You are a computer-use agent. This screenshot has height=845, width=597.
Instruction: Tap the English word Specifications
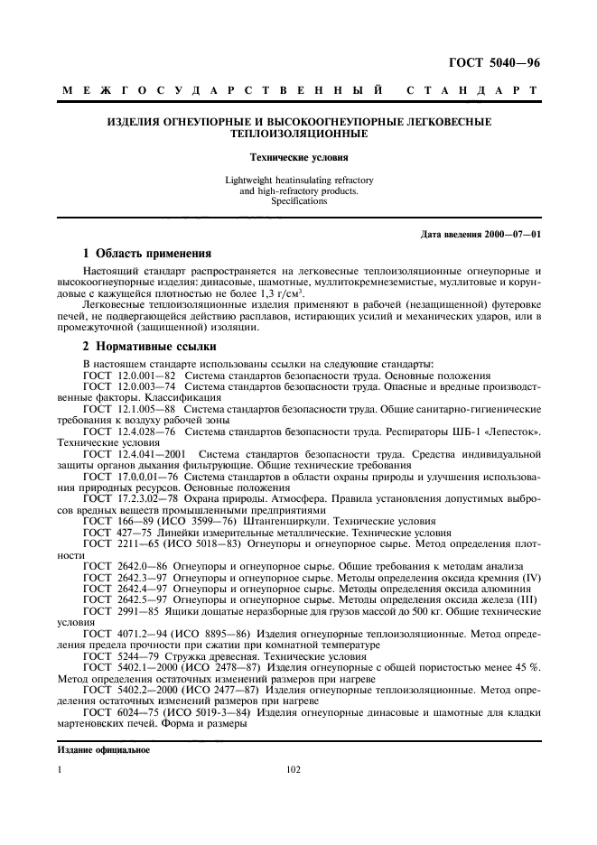298,201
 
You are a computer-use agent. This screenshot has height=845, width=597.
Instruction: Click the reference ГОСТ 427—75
119,533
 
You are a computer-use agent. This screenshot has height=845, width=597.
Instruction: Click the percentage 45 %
527,671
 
